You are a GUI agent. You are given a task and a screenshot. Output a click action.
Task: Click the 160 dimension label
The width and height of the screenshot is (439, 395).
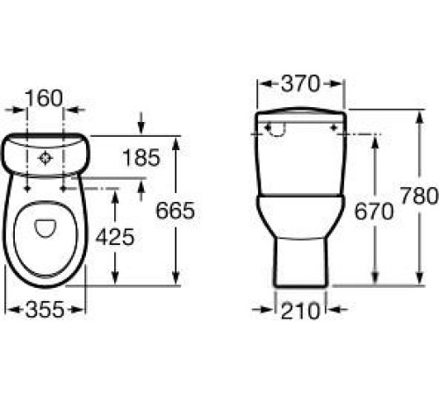[44, 98]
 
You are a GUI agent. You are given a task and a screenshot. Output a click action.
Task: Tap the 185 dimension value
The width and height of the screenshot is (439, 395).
[141, 158]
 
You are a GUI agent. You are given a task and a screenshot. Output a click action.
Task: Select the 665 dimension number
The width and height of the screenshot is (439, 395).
[176, 211]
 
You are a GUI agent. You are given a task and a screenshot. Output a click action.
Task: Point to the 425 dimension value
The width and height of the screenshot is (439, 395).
[115, 237]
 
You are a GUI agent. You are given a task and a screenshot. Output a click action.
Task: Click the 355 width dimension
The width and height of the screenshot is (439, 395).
[45, 310]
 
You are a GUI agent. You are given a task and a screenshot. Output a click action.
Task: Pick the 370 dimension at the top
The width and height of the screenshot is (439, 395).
[300, 83]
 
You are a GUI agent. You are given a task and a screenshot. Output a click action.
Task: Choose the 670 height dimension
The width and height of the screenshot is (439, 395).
[374, 212]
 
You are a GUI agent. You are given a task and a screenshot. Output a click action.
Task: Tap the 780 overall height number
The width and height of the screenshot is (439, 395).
[420, 196]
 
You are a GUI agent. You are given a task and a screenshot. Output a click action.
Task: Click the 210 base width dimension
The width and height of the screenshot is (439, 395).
[300, 311]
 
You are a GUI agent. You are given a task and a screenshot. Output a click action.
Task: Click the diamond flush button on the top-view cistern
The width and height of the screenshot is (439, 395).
[45, 158]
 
